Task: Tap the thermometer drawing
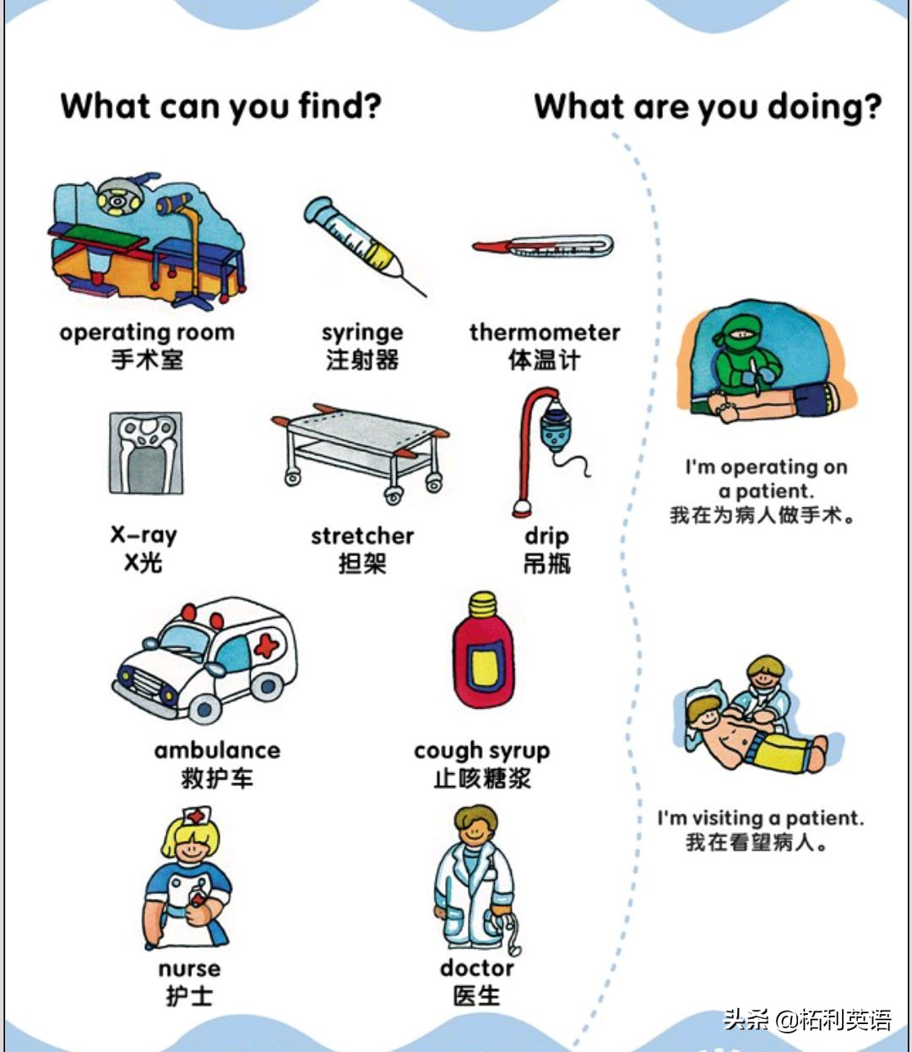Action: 543,247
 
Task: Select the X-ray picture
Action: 146,453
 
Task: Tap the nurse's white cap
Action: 195,817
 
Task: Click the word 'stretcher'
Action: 361,536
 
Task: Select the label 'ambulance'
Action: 217,750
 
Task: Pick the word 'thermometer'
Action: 545,332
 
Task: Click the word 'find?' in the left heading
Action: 339,107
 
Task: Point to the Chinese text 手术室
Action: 147,360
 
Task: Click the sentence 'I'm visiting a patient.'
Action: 761,818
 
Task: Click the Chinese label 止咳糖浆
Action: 481,778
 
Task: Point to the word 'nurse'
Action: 189,968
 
